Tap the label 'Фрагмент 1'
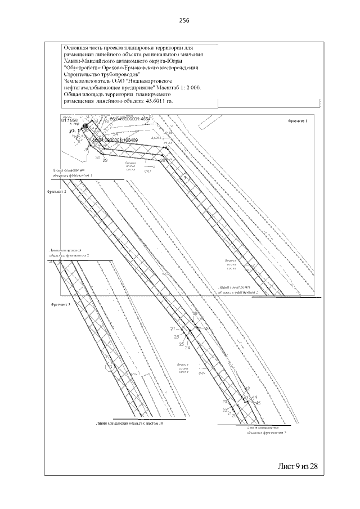298,121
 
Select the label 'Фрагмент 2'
57,192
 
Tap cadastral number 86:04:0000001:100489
115,139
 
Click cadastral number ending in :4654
122,120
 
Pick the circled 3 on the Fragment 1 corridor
186,179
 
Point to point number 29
105,161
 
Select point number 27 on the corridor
173,328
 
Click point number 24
187,348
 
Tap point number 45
258,403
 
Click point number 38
195,314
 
